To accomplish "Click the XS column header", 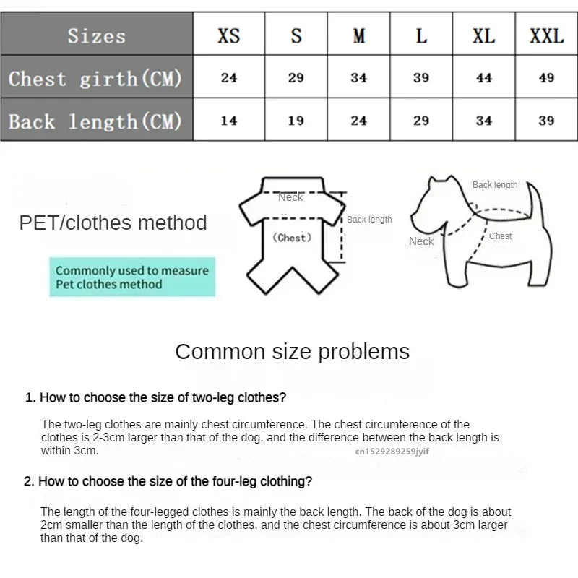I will tap(228, 35).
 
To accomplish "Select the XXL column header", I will tap(546, 35).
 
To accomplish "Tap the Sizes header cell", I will tap(97, 35).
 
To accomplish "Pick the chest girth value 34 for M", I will tap(358, 77).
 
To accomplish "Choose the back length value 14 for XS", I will tap(228, 121).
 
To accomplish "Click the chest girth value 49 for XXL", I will tap(546, 77).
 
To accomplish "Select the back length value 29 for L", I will tap(421, 121).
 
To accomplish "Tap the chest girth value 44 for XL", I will tap(484, 77).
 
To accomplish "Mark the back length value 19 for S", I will tap(296, 121).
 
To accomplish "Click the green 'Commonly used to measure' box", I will tap(132, 277).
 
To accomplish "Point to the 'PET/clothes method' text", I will tap(113, 223).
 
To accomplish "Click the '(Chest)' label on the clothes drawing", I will tap(292, 238).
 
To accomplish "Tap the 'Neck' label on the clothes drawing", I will tap(290, 197).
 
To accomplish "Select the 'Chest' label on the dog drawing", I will tap(500, 236).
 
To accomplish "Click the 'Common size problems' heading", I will tap(292, 352).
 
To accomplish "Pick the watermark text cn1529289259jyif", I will tap(392, 451).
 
